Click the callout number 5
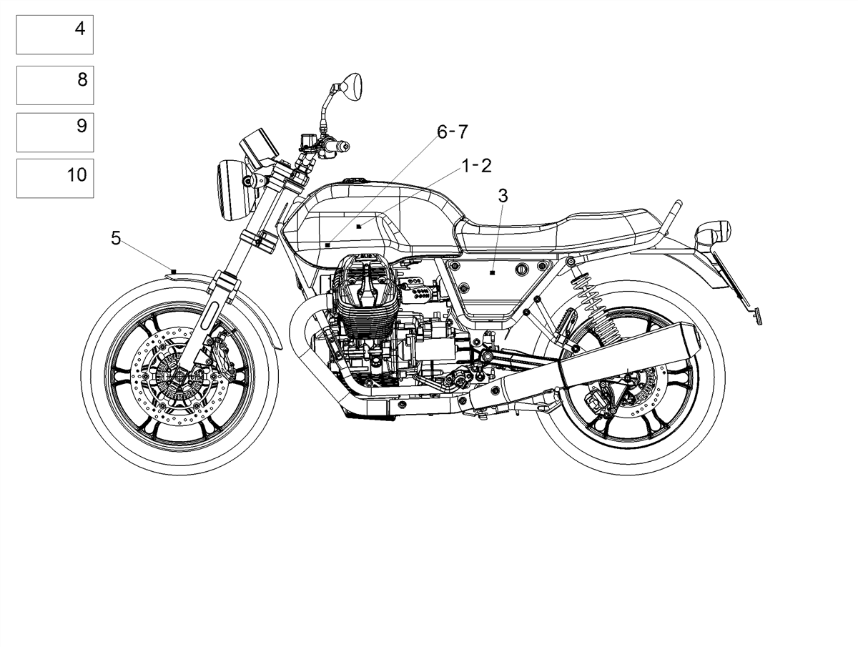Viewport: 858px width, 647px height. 116,238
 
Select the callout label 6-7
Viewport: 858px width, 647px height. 453,132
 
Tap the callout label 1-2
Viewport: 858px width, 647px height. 476,166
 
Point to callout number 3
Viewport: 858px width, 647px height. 503,196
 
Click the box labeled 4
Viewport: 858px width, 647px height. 55,35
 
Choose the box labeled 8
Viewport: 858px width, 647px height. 55,85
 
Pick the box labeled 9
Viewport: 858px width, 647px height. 55,132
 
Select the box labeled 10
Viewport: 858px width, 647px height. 55,178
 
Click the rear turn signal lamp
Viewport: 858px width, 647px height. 714,233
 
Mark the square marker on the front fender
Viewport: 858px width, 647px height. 174,272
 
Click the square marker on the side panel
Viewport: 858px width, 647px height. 493,272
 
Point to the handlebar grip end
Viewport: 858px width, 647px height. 345,147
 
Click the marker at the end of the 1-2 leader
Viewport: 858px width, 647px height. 359,227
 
